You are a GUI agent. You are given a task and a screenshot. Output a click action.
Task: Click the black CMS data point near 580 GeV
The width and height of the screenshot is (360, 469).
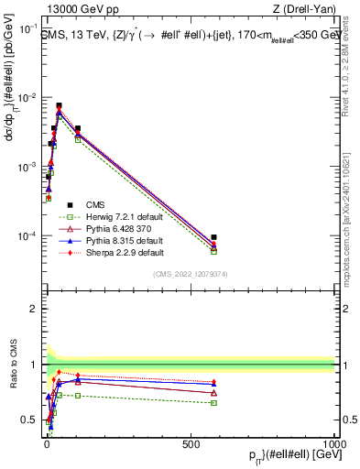coord(213,237)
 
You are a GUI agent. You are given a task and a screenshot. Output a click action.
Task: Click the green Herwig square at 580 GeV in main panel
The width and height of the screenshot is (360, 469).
coord(213,251)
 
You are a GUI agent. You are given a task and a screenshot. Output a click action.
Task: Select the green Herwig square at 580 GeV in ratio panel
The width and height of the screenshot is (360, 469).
coord(213,402)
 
